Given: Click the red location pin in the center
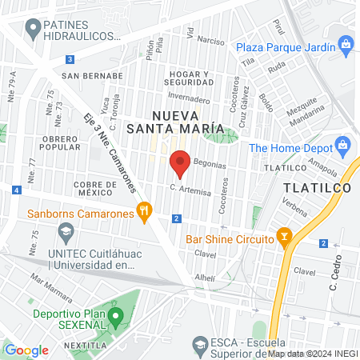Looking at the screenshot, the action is pos(180,163).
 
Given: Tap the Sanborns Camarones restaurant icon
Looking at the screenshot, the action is pos(144,213).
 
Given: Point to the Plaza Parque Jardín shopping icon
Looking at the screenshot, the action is pos(345,45).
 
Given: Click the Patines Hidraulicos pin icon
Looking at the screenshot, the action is pos(33,30).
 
